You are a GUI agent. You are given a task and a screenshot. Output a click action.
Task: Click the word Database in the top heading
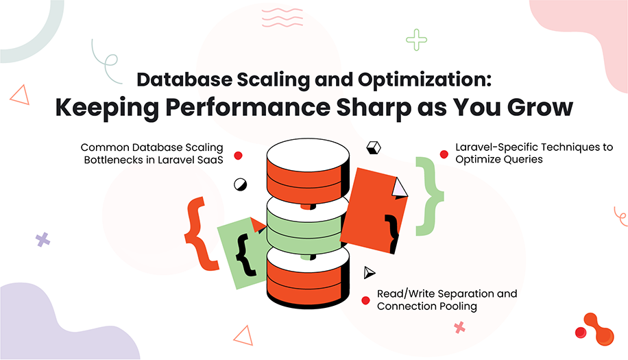pyautogui.click(x=181, y=79)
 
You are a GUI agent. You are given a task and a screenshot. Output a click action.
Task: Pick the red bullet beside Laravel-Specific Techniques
pyautogui.click(x=443, y=154)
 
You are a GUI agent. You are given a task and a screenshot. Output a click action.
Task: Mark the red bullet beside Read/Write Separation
pyautogui.click(x=365, y=300)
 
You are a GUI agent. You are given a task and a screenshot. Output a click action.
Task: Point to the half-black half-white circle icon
pyautogui.click(x=241, y=184)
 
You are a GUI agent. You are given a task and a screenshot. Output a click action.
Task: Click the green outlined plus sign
pyautogui.click(x=416, y=40)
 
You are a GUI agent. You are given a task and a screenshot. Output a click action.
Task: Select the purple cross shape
pyautogui.click(x=43, y=239)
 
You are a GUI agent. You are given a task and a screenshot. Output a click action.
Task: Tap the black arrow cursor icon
pyautogui.click(x=370, y=272)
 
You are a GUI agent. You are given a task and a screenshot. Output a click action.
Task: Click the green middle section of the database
pyautogui.click(x=303, y=226)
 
